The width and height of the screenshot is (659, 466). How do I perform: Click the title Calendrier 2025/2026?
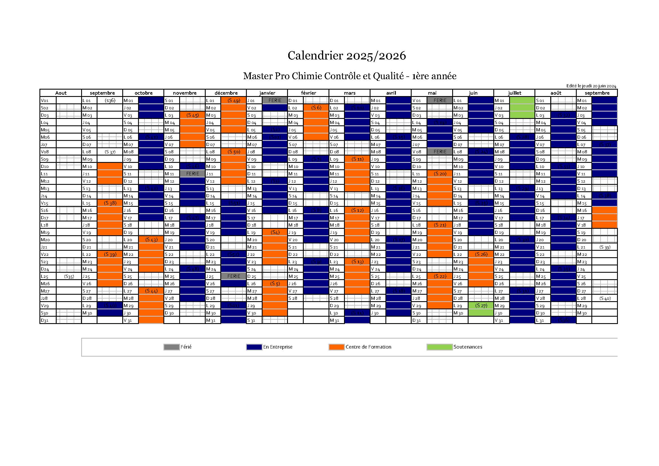[x=347, y=56]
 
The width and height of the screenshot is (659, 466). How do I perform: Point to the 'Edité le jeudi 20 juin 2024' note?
[x=591, y=86]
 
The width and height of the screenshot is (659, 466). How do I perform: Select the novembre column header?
[x=185, y=93]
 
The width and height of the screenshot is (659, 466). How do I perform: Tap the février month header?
[x=308, y=93]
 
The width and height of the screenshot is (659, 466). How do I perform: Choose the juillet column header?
[x=514, y=93]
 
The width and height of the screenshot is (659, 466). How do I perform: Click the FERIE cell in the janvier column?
[x=275, y=100]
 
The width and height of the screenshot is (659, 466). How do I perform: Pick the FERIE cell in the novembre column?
[x=192, y=174]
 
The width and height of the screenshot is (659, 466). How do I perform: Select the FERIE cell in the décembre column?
[x=234, y=276]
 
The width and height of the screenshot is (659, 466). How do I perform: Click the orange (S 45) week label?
[x=192, y=115]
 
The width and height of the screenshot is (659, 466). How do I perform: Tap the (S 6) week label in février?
[x=316, y=108]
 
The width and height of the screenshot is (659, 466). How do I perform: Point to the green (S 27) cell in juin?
[x=481, y=306]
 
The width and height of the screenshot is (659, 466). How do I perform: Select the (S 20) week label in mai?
[x=440, y=174]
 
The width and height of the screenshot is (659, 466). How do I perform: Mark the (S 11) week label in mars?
[x=357, y=159]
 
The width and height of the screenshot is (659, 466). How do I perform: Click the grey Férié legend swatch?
[x=171, y=347]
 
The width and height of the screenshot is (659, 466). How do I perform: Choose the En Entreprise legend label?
[x=278, y=347]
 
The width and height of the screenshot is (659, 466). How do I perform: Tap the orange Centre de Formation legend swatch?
[x=336, y=347]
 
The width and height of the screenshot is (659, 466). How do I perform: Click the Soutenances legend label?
[x=468, y=347]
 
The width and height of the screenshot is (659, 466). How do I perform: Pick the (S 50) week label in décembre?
[x=234, y=152]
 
